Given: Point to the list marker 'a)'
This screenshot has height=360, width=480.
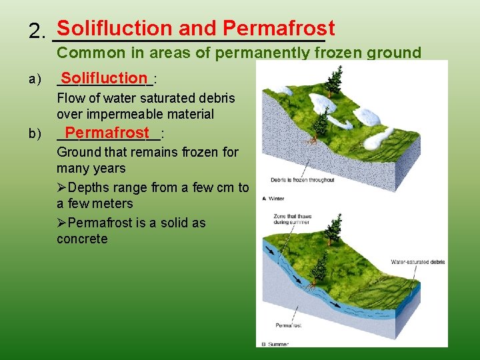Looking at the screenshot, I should click(35, 80).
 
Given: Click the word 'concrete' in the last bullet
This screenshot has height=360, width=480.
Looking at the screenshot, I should click(82, 239).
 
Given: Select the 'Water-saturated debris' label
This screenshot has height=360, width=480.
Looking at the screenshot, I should click(417, 262).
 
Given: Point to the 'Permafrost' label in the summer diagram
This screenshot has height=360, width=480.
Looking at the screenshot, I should click(288, 325).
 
